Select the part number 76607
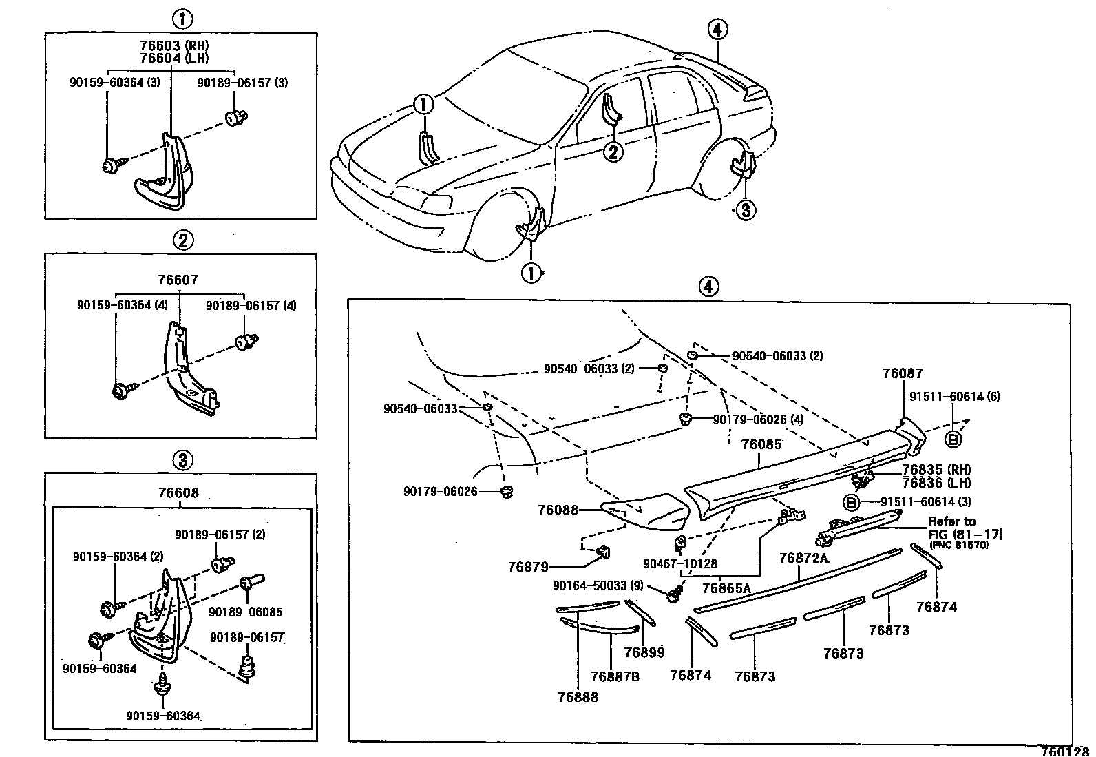178,280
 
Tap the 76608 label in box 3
178,493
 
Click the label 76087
903,373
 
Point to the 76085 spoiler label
761,445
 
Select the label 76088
558,510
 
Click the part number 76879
528,567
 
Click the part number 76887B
615,676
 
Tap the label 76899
644,652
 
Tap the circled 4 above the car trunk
717,30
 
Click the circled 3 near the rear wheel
746,209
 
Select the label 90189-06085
245,612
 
